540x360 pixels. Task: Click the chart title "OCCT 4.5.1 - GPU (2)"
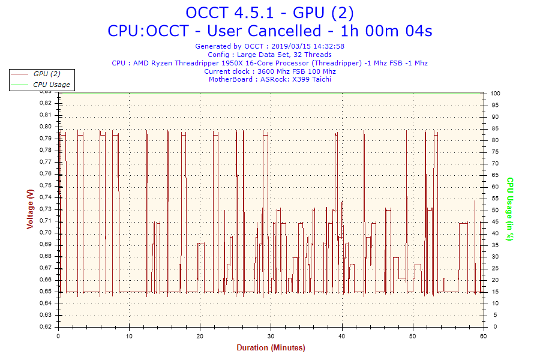[269, 13]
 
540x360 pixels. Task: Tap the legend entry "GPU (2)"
[47, 74]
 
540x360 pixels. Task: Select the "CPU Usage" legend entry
[51, 85]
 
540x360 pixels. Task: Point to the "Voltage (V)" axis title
[30, 209]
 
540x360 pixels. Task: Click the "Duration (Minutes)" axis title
[271, 348]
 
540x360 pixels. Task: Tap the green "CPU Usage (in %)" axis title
[510, 209]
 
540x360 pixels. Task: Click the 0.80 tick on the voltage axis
[46, 127]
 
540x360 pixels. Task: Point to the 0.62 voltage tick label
[46, 327]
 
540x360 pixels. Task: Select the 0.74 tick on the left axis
[46, 197]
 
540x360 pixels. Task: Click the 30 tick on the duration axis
[271, 337]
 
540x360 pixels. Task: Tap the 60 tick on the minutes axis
[484, 337]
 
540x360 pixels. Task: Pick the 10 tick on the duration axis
[129, 337]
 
